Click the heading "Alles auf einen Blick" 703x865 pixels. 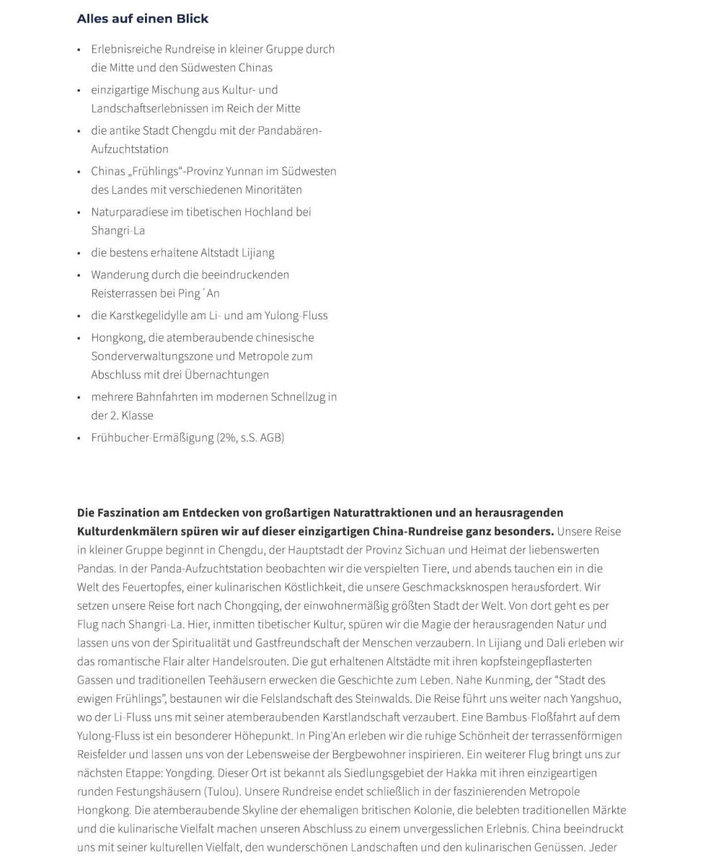coord(143,19)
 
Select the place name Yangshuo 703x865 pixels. coord(595,698)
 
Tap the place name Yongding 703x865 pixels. coord(190,773)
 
